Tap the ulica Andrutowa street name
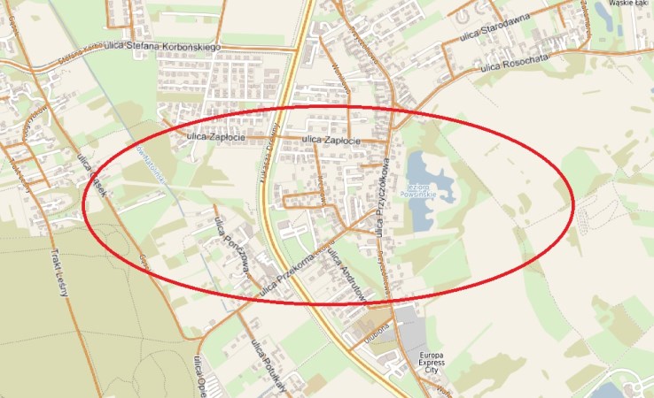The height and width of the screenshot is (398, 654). tap(346, 274)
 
